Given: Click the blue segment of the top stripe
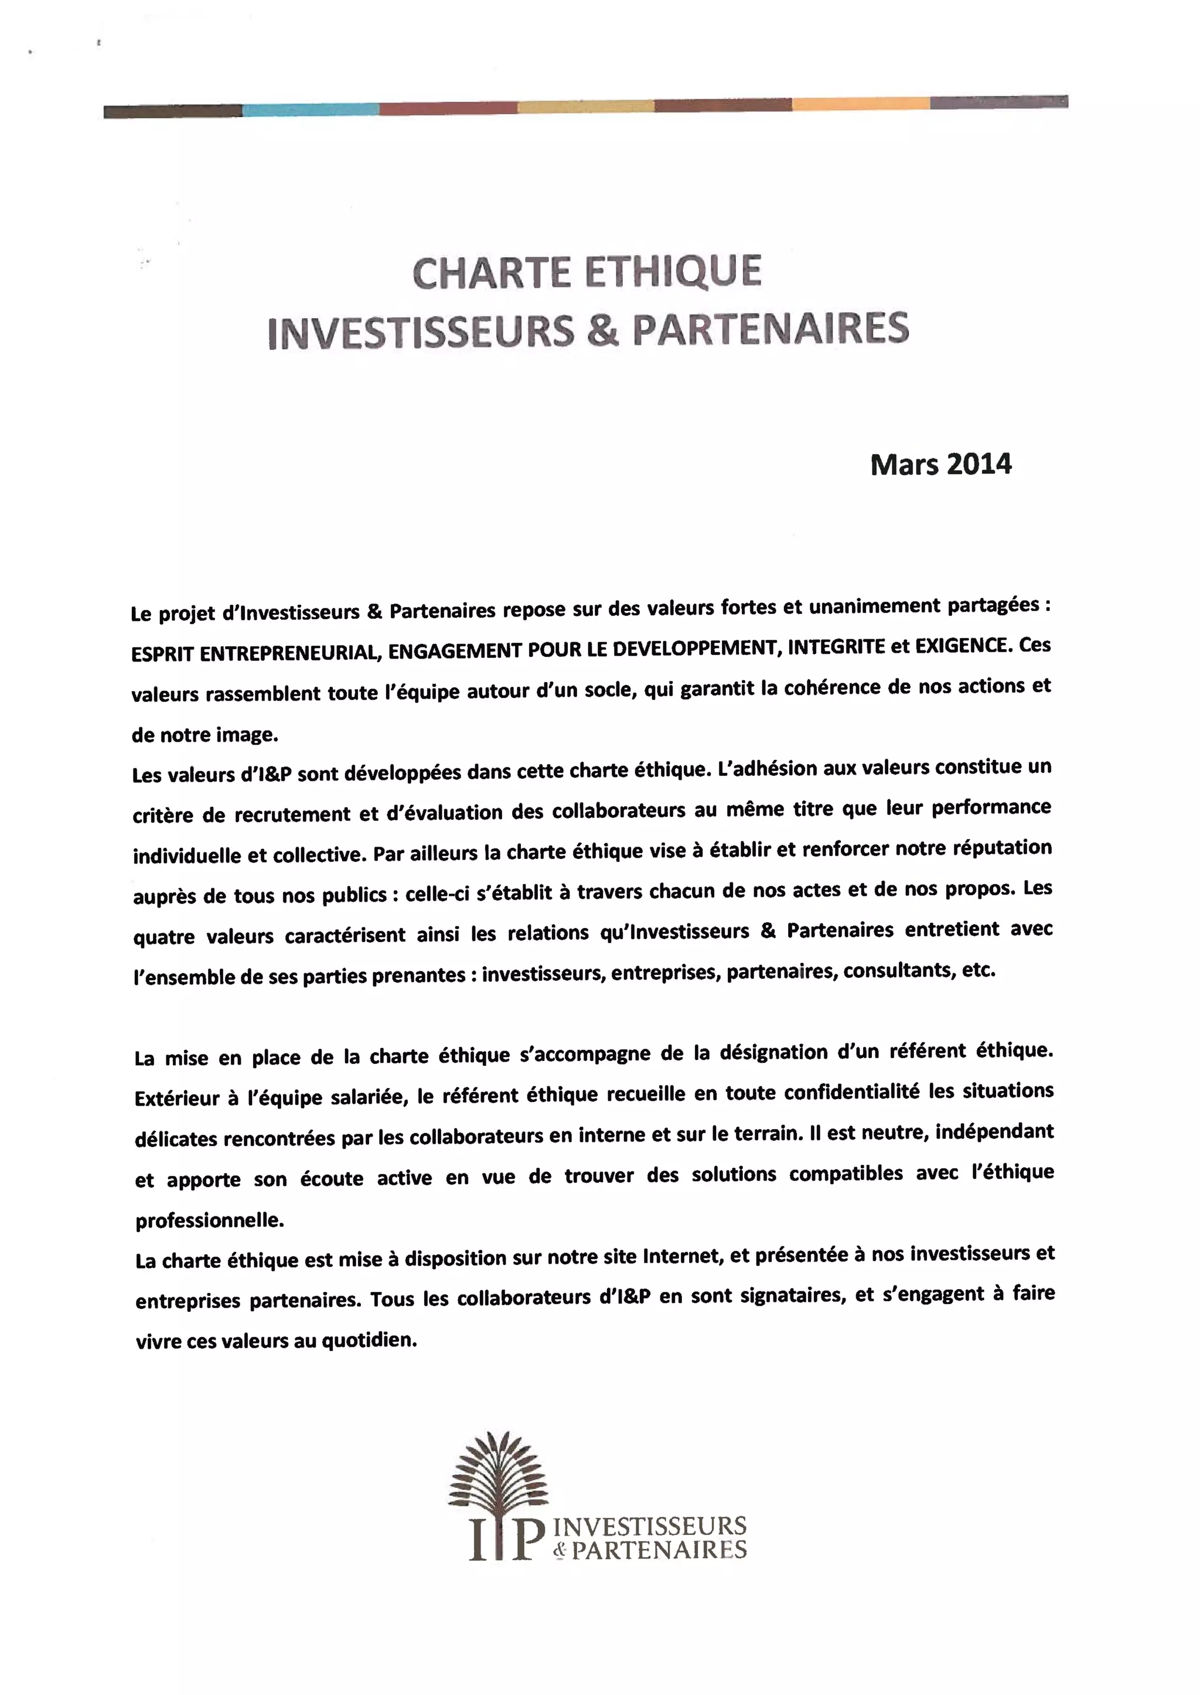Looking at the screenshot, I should [311, 110].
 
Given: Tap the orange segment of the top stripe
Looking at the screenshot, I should [860, 104].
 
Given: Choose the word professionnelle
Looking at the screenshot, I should [210, 1220].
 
